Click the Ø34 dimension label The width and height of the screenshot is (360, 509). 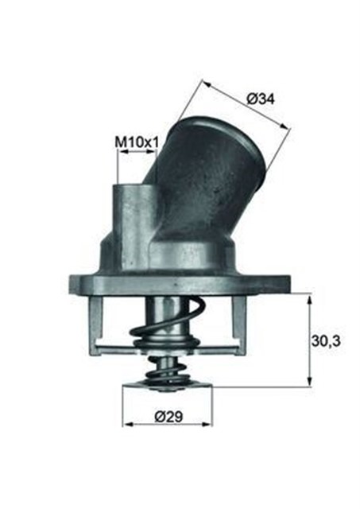(261, 99)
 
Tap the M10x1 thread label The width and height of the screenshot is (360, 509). (137, 142)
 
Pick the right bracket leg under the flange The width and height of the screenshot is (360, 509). (237, 318)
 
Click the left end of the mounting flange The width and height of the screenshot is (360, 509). (74, 282)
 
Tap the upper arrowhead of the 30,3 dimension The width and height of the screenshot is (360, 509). (308, 298)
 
